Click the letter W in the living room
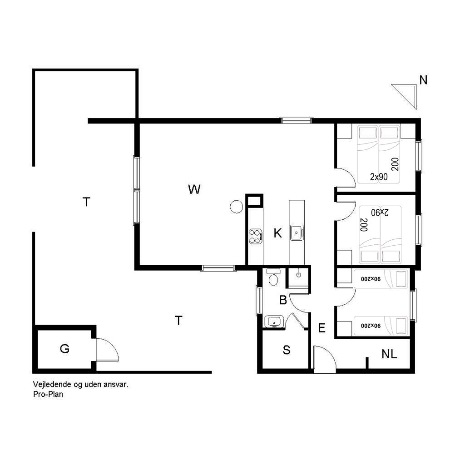(194, 189)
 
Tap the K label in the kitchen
(277, 233)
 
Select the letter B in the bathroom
(283, 300)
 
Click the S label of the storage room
(287, 350)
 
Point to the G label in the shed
(64, 349)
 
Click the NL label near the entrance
(389, 354)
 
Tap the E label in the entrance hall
(322, 328)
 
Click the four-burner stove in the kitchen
(255, 236)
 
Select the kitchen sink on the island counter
(297, 232)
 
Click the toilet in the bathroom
(273, 277)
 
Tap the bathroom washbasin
(274, 321)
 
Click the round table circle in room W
(236, 207)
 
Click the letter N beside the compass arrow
(423, 80)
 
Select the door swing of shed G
(107, 350)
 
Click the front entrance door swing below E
(325, 360)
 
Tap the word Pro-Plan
(48, 395)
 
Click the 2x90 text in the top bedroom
(379, 177)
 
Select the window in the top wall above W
(297, 120)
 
